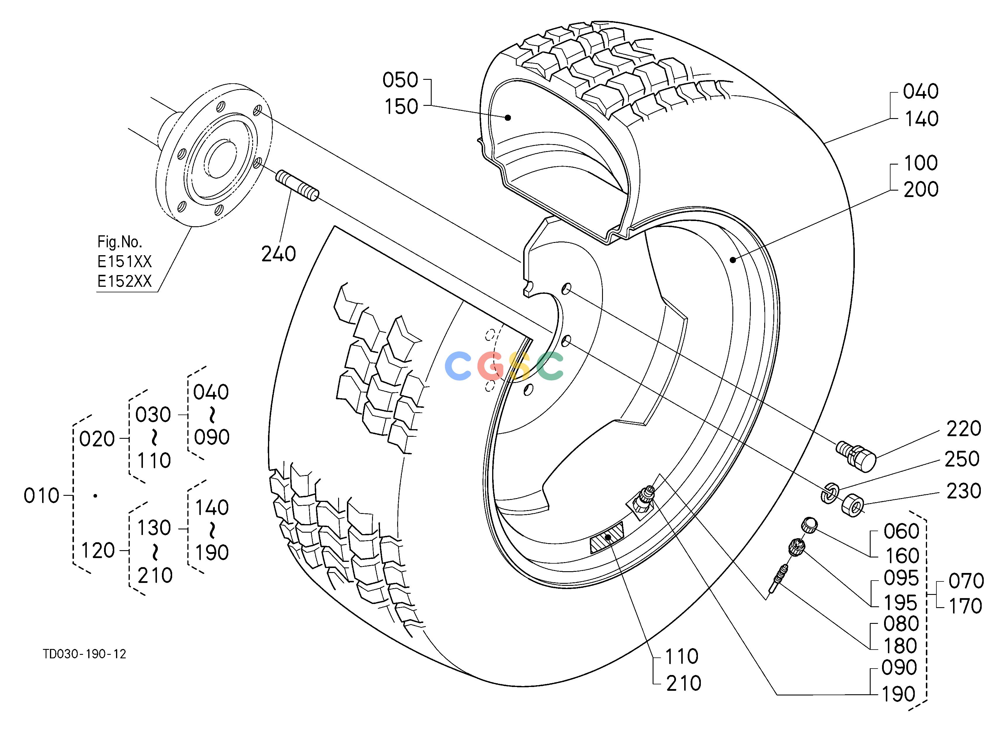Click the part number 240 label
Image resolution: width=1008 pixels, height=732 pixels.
(x=278, y=254)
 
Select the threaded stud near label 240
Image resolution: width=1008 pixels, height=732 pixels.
(x=297, y=185)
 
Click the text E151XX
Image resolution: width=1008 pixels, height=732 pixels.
(x=125, y=262)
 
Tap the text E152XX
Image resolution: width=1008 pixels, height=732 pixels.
(x=125, y=281)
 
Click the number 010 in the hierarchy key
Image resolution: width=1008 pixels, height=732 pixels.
(x=41, y=496)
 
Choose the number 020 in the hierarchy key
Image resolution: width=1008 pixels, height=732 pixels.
(x=97, y=439)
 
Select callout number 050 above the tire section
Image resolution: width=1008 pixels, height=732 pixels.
(x=400, y=80)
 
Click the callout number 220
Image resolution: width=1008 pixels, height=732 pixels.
(x=964, y=429)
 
